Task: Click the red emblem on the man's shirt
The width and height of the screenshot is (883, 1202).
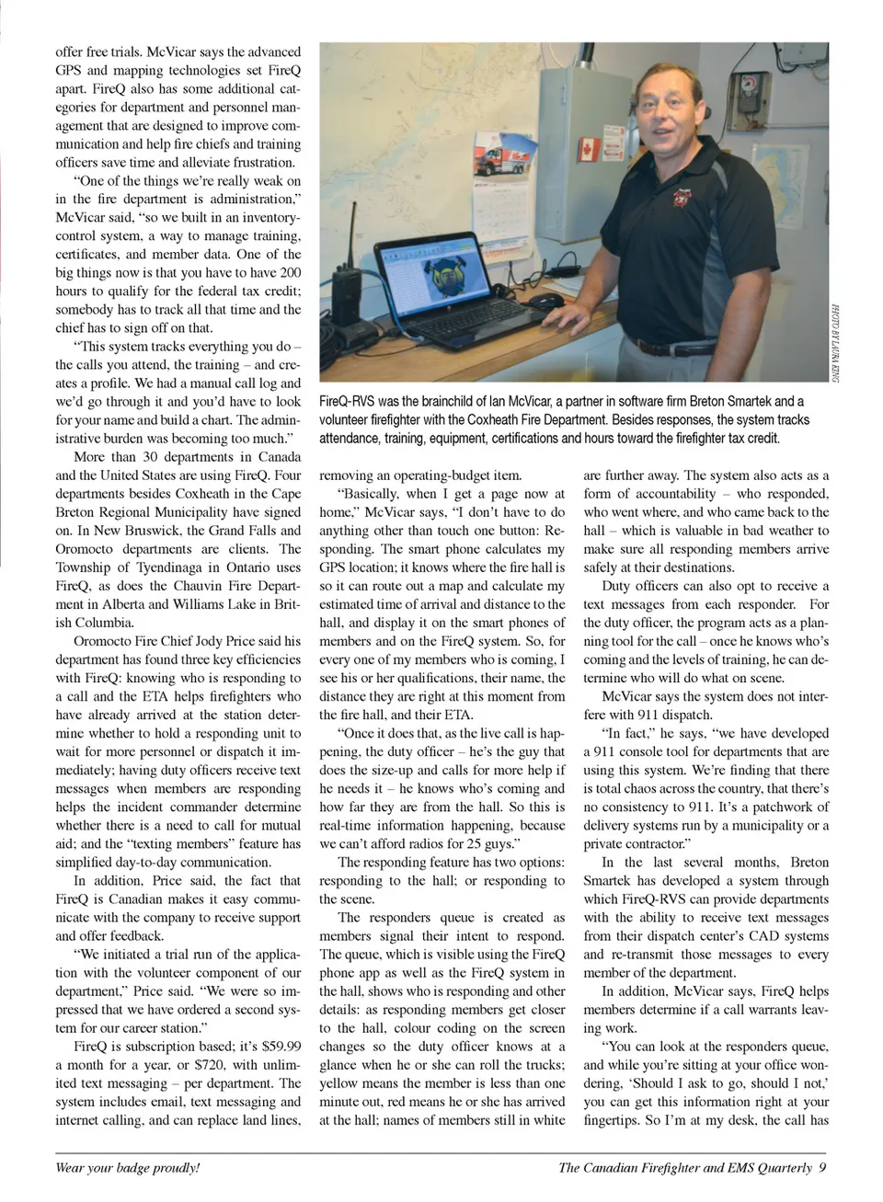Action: point(682,197)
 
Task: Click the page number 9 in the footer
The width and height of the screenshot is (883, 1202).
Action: point(822,1168)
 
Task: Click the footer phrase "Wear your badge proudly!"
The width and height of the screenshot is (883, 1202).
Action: point(128,1168)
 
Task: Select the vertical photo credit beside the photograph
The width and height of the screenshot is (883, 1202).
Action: point(835,342)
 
